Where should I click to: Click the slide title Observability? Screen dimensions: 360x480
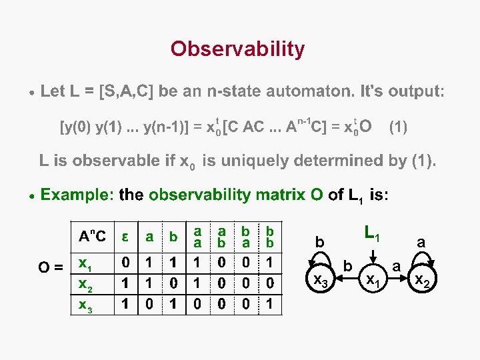[x=237, y=49]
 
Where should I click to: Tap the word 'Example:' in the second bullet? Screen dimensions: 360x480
[x=77, y=195]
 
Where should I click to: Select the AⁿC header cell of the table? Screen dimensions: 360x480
[x=91, y=237]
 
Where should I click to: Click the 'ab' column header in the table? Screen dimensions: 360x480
[x=222, y=237]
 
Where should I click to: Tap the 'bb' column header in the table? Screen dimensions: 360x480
[x=271, y=237]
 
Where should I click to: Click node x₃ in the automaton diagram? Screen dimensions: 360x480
[x=321, y=282]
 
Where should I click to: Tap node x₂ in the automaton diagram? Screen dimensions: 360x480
[x=421, y=282]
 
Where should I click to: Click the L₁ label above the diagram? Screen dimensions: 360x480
[x=372, y=233]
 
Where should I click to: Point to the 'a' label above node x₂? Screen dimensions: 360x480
[x=421, y=243]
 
